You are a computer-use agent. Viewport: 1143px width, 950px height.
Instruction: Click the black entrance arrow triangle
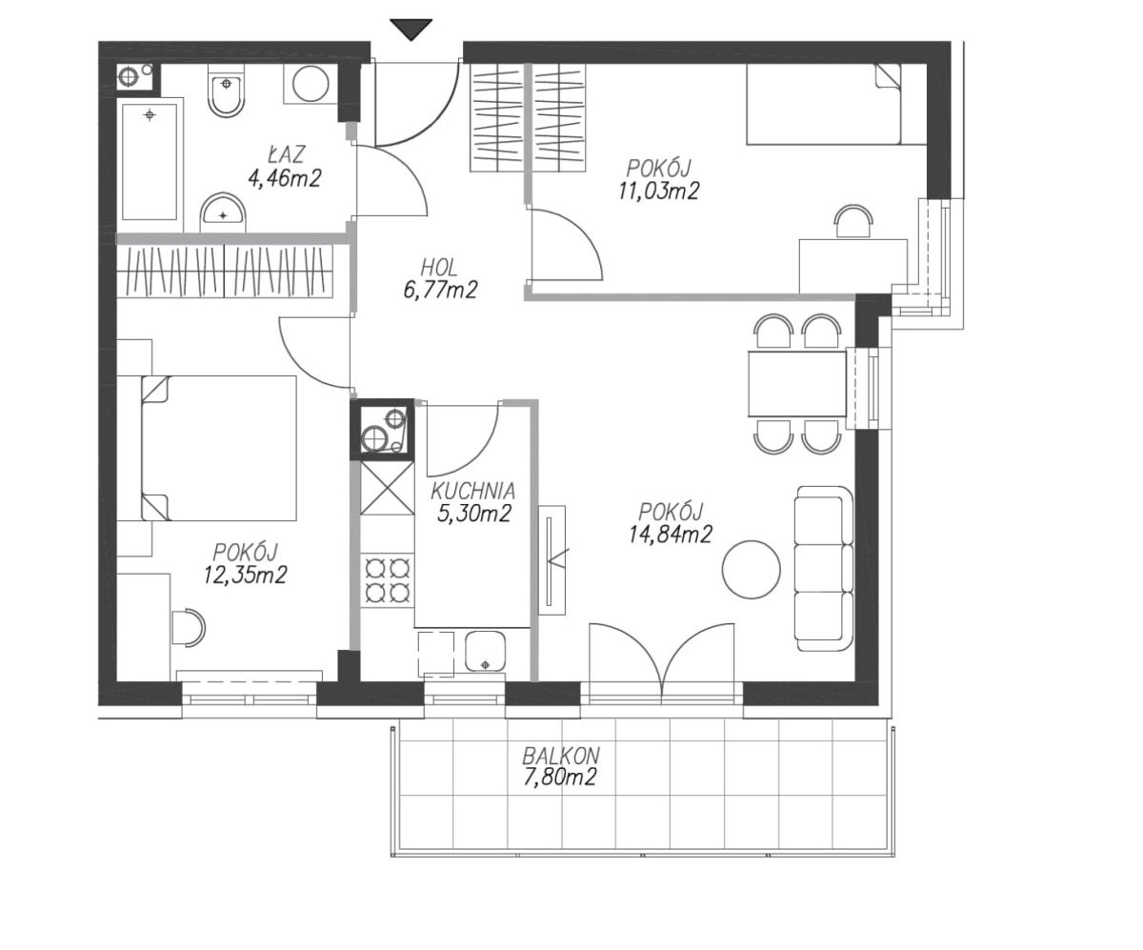tap(411, 29)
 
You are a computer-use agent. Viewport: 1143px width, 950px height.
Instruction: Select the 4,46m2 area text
tap(284, 178)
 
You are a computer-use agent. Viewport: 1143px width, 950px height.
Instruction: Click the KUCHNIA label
tap(473, 491)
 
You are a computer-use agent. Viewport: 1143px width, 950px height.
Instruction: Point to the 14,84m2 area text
tap(670, 534)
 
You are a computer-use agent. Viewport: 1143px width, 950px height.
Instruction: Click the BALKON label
tap(561, 757)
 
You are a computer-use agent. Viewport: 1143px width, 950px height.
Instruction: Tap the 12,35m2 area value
tap(245, 575)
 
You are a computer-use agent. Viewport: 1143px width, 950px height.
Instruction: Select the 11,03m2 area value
tap(659, 192)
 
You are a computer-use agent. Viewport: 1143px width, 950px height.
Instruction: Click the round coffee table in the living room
tap(752, 570)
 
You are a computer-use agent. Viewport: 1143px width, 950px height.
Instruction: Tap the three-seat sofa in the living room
tap(824, 568)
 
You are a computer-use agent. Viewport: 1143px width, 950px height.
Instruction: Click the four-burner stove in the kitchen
tap(388, 579)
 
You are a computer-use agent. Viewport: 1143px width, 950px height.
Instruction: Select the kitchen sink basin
tap(485, 651)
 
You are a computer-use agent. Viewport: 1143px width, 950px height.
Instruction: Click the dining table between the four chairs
tap(797, 384)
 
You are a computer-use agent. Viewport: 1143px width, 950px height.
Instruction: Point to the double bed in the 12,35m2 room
tap(218, 448)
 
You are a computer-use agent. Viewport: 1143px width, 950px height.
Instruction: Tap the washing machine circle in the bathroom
tap(311, 84)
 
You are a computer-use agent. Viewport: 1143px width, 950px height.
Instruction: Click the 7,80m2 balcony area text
tap(559, 778)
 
